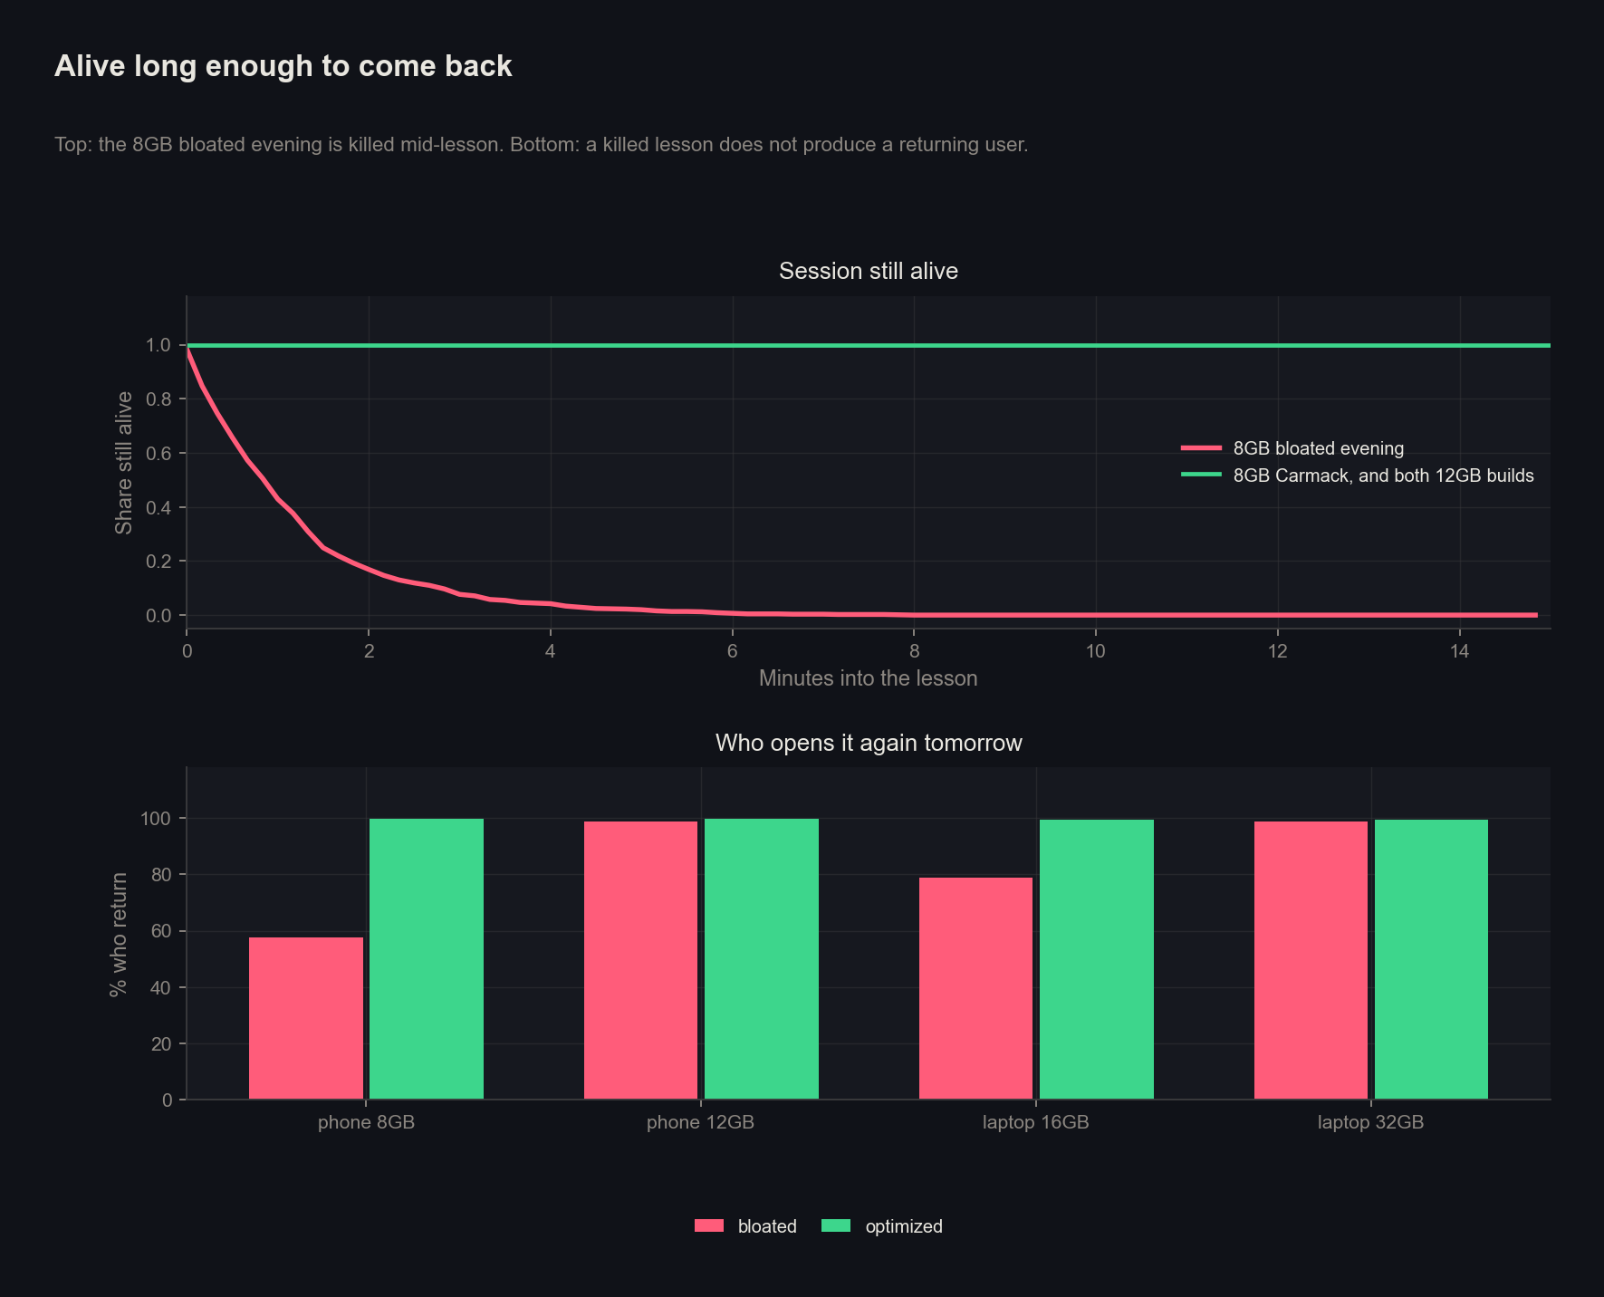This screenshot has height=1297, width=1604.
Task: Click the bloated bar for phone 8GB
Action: [306, 1018]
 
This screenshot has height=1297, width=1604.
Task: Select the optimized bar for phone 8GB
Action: [427, 959]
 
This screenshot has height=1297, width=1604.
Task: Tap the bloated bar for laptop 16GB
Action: [975, 988]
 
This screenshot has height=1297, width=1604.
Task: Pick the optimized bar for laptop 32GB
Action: [1431, 960]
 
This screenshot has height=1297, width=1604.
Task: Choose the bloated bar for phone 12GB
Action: [641, 961]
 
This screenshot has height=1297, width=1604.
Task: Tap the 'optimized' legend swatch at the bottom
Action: [836, 1225]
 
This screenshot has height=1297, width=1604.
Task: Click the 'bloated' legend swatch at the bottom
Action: [709, 1225]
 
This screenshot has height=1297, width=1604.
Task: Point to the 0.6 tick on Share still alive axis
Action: [158, 454]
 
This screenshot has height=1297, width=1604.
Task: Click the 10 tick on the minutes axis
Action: [1096, 651]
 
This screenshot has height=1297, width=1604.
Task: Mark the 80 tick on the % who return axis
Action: [161, 875]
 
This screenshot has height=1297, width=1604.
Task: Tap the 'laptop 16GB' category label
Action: [1036, 1122]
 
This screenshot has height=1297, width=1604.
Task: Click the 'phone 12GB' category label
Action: [700, 1122]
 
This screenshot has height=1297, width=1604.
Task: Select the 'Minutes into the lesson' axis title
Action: [868, 678]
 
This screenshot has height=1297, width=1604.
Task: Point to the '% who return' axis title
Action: [118, 934]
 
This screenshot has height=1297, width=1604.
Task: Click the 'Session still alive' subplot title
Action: [869, 271]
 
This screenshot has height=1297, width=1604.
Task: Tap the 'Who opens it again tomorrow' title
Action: [869, 743]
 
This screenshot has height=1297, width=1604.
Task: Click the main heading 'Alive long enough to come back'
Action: [283, 66]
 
